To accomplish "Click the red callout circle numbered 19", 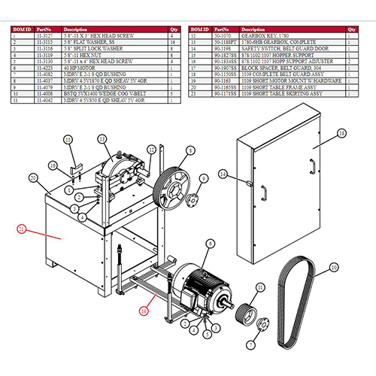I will (144, 308).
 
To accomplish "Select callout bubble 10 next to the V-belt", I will (335, 266).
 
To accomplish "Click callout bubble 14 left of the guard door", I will (223, 174).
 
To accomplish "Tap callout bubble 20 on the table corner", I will (33, 178).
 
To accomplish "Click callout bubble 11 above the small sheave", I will (260, 287).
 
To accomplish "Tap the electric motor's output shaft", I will (224, 305).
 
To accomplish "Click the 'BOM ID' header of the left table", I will (22, 29).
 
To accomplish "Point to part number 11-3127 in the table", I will (50, 35).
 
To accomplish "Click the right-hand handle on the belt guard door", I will (311, 166).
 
